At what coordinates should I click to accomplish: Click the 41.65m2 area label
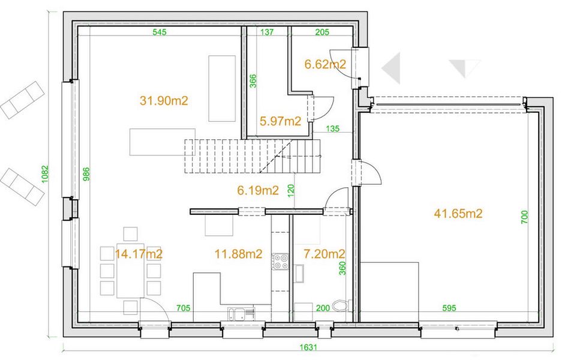point(458,214)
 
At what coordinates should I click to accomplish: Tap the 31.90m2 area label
point(164,101)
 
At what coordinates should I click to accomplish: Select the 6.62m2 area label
point(325,64)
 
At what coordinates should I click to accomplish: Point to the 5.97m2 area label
point(280,121)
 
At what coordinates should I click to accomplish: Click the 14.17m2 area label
point(139,254)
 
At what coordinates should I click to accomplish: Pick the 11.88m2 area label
point(238,254)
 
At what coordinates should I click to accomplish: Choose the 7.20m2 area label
point(324,254)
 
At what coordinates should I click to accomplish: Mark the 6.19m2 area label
point(258,190)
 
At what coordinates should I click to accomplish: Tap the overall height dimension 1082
point(45,174)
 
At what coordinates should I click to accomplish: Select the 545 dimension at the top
point(160,32)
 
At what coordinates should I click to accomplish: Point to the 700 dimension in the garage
point(524,217)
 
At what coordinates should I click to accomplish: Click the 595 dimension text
point(449,308)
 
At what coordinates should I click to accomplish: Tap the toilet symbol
point(341,306)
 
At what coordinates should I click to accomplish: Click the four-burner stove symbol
point(280,262)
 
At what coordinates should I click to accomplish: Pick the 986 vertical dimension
point(86,174)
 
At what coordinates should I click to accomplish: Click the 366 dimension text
point(253,81)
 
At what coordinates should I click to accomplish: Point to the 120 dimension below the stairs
point(291,190)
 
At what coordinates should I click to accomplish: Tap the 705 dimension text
point(183,308)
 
